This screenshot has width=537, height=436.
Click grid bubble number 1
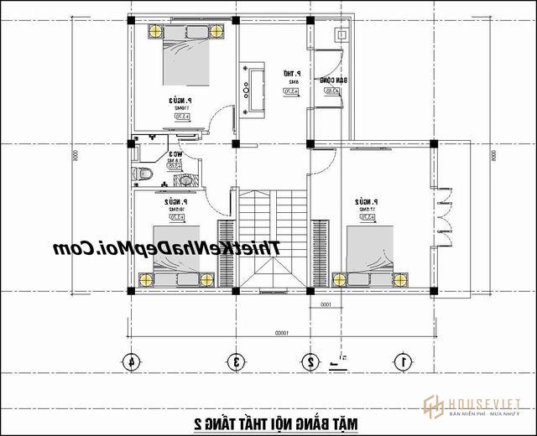[402, 362]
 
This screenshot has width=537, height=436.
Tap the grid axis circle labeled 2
[310, 362]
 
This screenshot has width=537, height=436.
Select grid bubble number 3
[237, 362]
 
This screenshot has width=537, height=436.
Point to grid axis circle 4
[131, 362]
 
